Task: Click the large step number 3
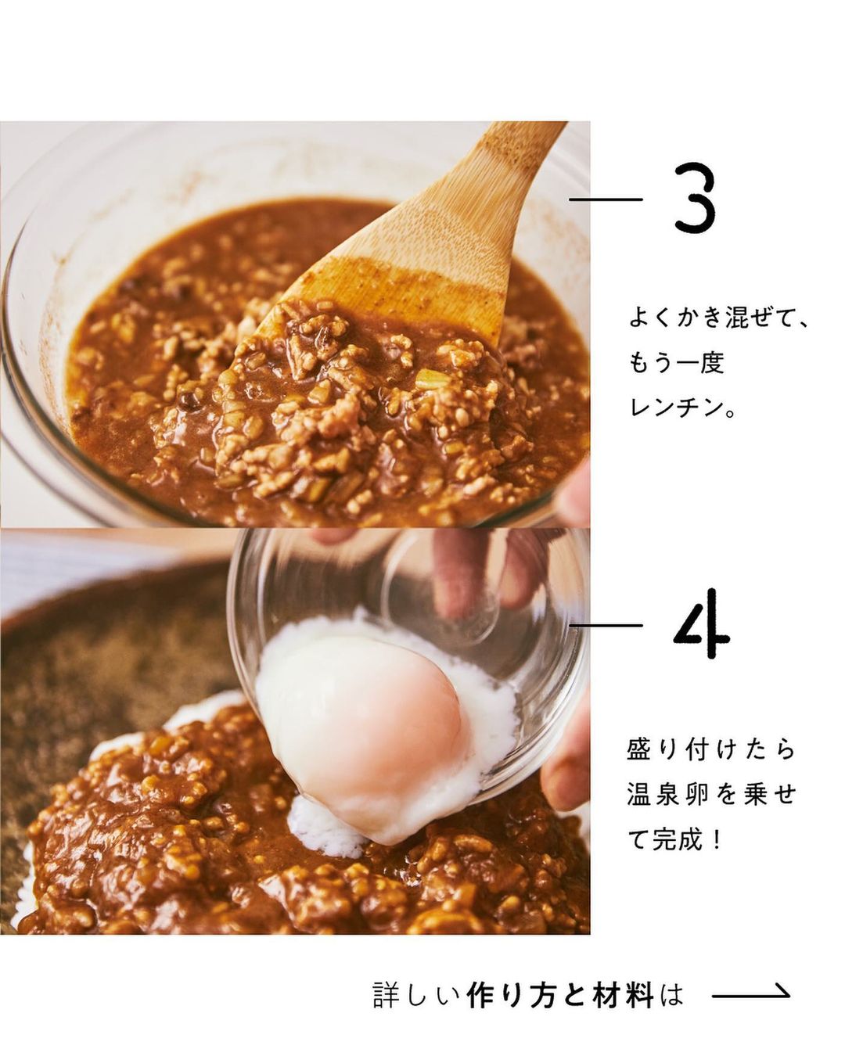[694, 198]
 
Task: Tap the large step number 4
[701, 623]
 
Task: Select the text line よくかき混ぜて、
[718, 318]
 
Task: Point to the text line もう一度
[676, 363]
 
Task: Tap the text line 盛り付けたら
[710, 763]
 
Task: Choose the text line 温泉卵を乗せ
[710, 807]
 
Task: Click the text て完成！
[675, 852]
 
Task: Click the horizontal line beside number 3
[606, 199]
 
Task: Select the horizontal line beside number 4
[606, 625]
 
